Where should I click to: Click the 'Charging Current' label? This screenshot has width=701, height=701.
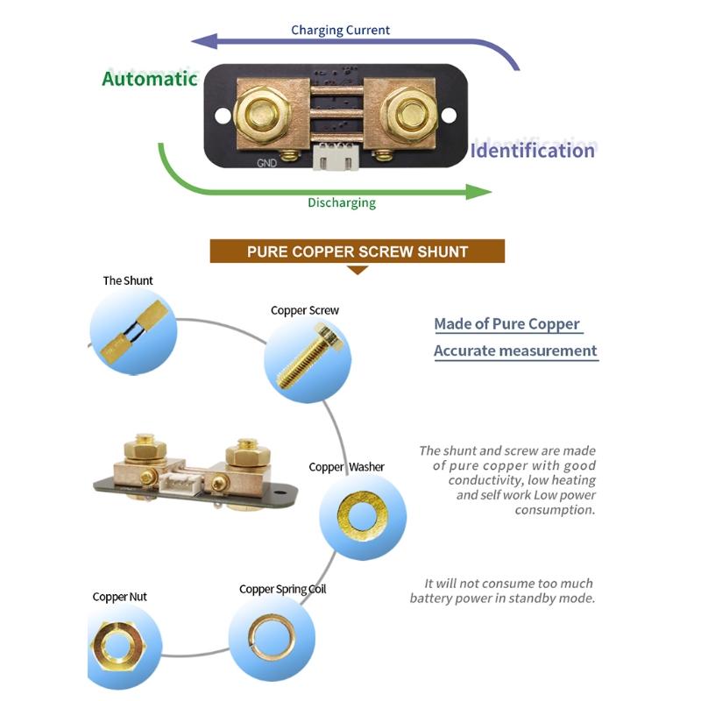click(x=341, y=30)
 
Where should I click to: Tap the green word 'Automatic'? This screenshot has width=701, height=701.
click(x=150, y=78)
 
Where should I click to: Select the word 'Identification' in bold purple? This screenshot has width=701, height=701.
click(x=533, y=150)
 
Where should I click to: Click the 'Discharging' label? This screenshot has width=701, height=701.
click(x=341, y=202)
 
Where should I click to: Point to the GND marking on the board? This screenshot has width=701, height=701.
click(x=267, y=162)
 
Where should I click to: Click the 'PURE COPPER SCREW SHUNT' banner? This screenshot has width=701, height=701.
click(x=358, y=251)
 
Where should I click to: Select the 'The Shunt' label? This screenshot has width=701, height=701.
click(x=128, y=280)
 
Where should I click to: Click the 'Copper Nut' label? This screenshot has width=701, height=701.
click(x=120, y=597)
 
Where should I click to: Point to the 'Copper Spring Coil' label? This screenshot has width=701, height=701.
click(x=282, y=589)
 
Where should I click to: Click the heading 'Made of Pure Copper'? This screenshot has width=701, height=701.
click(x=506, y=324)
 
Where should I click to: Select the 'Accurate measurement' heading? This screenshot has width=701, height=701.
click(x=515, y=350)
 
